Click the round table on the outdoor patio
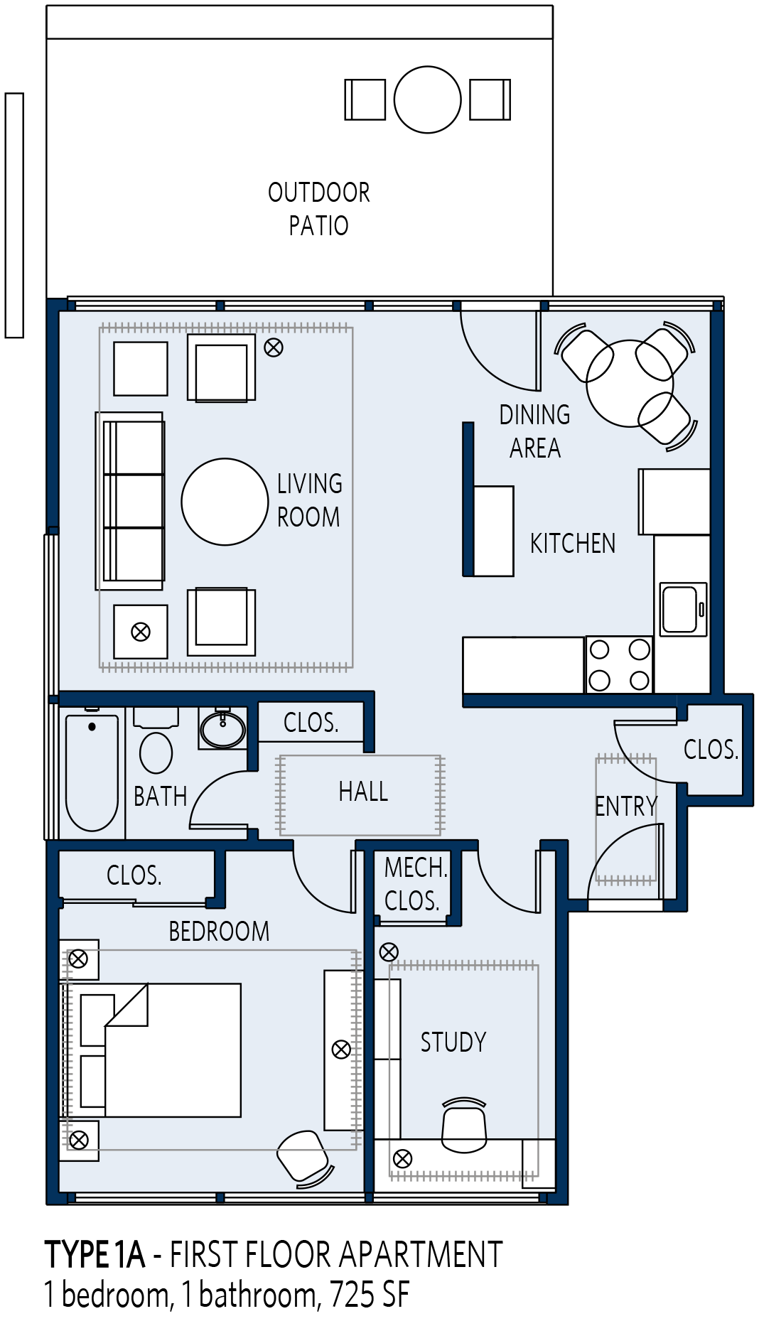point(427,99)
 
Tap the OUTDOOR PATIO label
point(318,208)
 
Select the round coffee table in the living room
point(225,502)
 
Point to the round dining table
point(630,383)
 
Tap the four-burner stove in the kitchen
point(619,664)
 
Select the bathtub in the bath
point(92,772)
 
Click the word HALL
point(363,792)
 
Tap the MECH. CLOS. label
point(415,884)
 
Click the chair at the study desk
point(464,1125)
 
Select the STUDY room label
point(453,1042)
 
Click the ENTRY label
point(626,807)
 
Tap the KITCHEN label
point(573,544)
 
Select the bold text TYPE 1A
point(95,1255)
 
